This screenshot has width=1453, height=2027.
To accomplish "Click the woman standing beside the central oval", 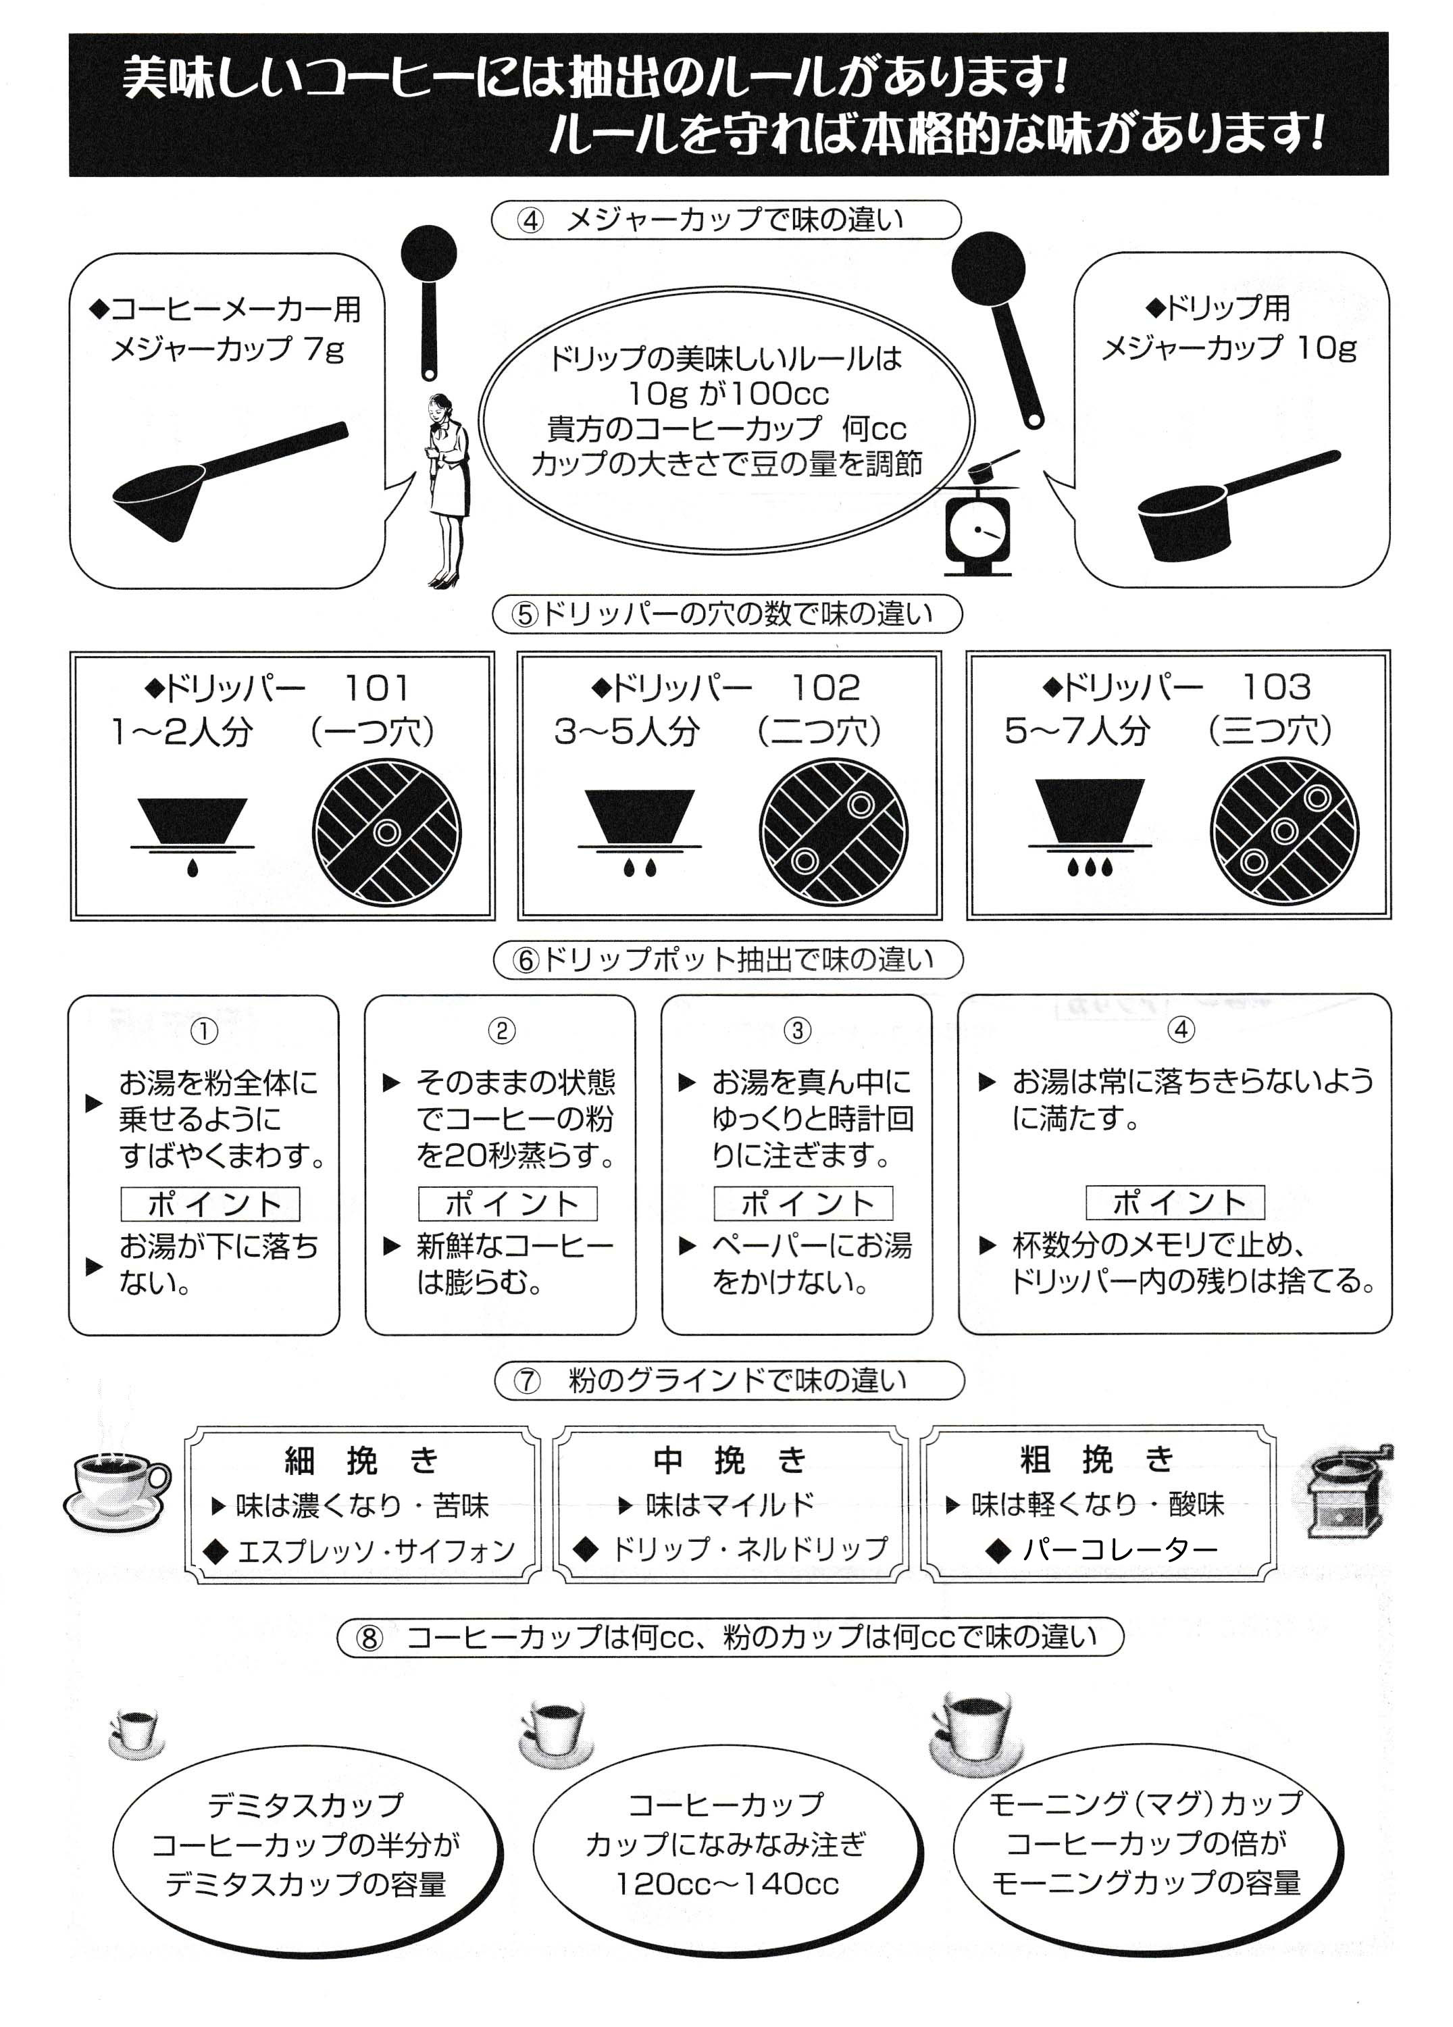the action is (x=446, y=488).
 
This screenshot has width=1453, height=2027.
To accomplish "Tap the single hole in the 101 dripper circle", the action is (x=387, y=832).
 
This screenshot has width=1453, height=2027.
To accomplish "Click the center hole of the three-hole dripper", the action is (x=1284, y=831).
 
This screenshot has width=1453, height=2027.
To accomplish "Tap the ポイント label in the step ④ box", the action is (x=1175, y=1202).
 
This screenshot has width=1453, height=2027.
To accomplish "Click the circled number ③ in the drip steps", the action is (x=797, y=1030).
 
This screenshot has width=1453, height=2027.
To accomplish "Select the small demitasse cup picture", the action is (x=136, y=1731).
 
